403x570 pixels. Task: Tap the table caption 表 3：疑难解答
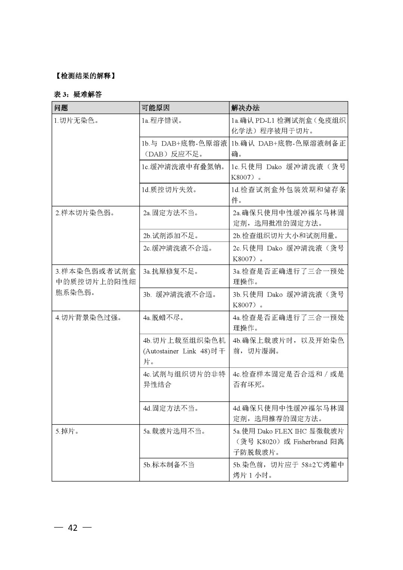point(78,94)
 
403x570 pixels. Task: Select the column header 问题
point(61,108)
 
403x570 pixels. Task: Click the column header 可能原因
point(156,108)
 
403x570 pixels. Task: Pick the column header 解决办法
point(245,108)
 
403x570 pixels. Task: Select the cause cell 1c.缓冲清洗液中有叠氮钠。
point(184,167)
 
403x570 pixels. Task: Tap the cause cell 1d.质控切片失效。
point(169,190)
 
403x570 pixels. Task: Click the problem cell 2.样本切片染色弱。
point(85,213)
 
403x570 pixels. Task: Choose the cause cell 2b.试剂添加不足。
point(171,236)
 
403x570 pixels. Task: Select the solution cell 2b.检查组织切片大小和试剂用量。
point(286,236)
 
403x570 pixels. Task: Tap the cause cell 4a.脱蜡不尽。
point(163,318)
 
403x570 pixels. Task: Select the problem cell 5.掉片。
point(68,432)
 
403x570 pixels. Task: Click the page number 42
point(73,527)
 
